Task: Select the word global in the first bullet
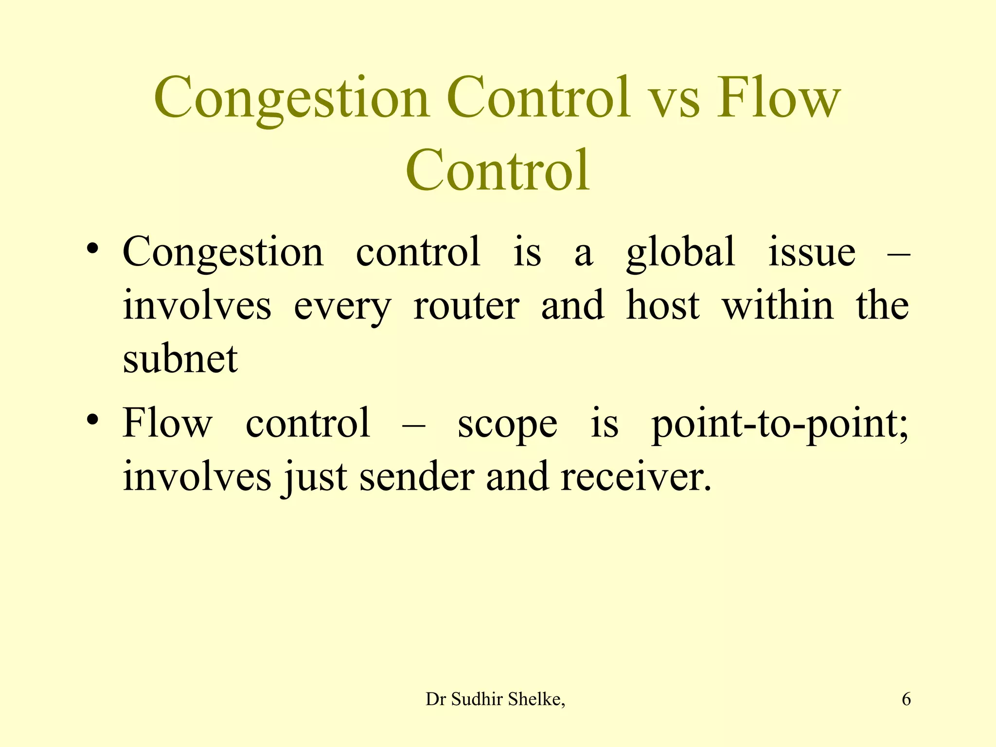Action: [680, 253]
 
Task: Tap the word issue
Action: [812, 253]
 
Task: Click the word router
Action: [466, 306]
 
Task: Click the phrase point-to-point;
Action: [780, 425]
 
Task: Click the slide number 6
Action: [906, 699]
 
